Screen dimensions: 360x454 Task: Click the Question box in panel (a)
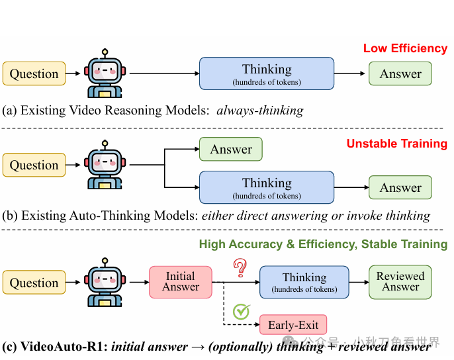click(x=34, y=73)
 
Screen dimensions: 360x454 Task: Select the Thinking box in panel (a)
click(x=267, y=73)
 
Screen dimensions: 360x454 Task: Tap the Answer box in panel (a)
click(x=400, y=73)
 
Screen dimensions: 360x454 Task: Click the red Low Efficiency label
click(x=405, y=48)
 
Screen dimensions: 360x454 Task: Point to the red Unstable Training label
click(x=397, y=144)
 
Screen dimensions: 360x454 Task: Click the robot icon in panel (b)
click(x=105, y=165)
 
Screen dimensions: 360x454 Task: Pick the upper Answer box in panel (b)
click(x=231, y=150)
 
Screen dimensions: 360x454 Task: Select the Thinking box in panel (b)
click(x=267, y=187)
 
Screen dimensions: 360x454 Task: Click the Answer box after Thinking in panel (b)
click(x=400, y=188)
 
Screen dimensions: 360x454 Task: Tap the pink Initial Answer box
click(x=181, y=282)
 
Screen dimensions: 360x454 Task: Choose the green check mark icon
click(x=242, y=311)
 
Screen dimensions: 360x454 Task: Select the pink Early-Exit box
click(x=293, y=325)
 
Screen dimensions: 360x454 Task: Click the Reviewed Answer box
click(x=400, y=282)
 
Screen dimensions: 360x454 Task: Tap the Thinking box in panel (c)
click(x=304, y=283)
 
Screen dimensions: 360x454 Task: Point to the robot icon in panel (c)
click(x=105, y=283)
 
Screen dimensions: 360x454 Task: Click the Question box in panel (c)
click(x=34, y=283)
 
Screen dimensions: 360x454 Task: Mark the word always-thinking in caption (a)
click(x=259, y=111)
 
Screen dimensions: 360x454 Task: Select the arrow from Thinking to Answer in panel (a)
click(x=351, y=73)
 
